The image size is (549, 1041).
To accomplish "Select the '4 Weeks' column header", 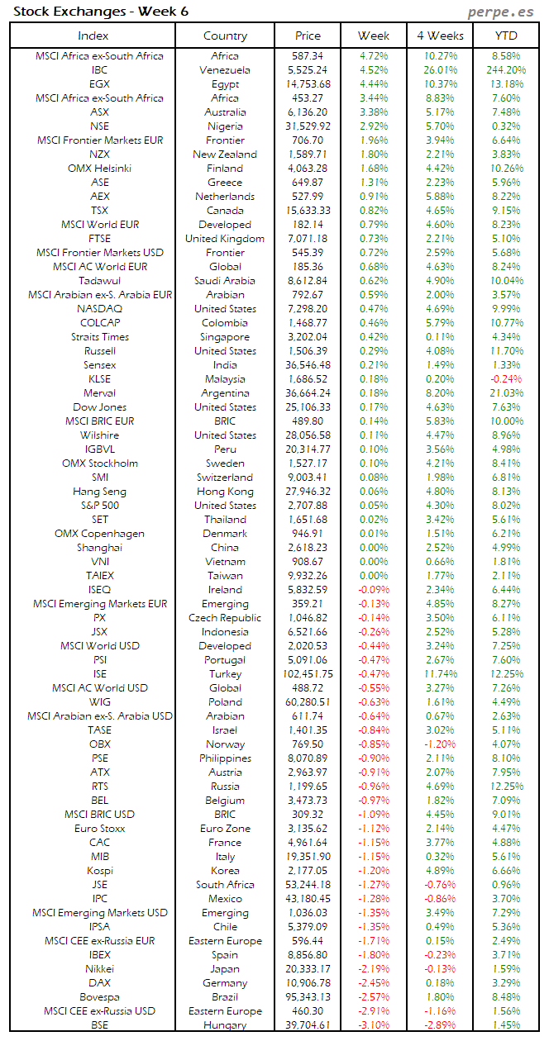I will click(x=439, y=36).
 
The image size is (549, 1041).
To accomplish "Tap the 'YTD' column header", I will click(x=506, y=36).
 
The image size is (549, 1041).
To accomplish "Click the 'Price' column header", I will click(x=308, y=36).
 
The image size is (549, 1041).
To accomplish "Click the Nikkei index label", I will click(x=100, y=969).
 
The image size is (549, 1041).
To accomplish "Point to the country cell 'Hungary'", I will click(x=225, y=1025).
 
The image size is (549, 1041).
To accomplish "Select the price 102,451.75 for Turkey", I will click(x=308, y=674).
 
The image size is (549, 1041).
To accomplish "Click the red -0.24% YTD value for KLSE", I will click(x=507, y=379).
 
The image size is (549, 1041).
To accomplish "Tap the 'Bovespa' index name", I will click(x=100, y=997).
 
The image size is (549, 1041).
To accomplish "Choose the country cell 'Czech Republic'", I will click(x=225, y=618).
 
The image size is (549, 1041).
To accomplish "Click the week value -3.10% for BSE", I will click(x=374, y=1025).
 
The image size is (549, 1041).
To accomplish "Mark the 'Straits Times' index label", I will click(x=100, y=337).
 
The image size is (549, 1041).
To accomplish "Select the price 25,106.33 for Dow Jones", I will click(x=308, y=407).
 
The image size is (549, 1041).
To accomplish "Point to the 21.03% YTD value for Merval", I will click(x=507, y=393).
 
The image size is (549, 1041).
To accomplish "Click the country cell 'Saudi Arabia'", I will click(x=225, y=281).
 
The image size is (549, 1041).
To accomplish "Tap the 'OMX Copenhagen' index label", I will click(x=100, y=534).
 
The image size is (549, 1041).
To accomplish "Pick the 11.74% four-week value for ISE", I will click(x=439, y=674).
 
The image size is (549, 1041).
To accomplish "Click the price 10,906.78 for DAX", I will click(x=308, y=983).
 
